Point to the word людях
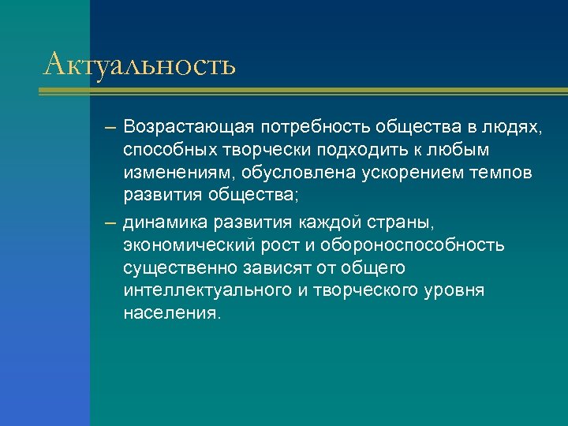click(514, 128)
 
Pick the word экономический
click(184, 246)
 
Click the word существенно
click(177, 268)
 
